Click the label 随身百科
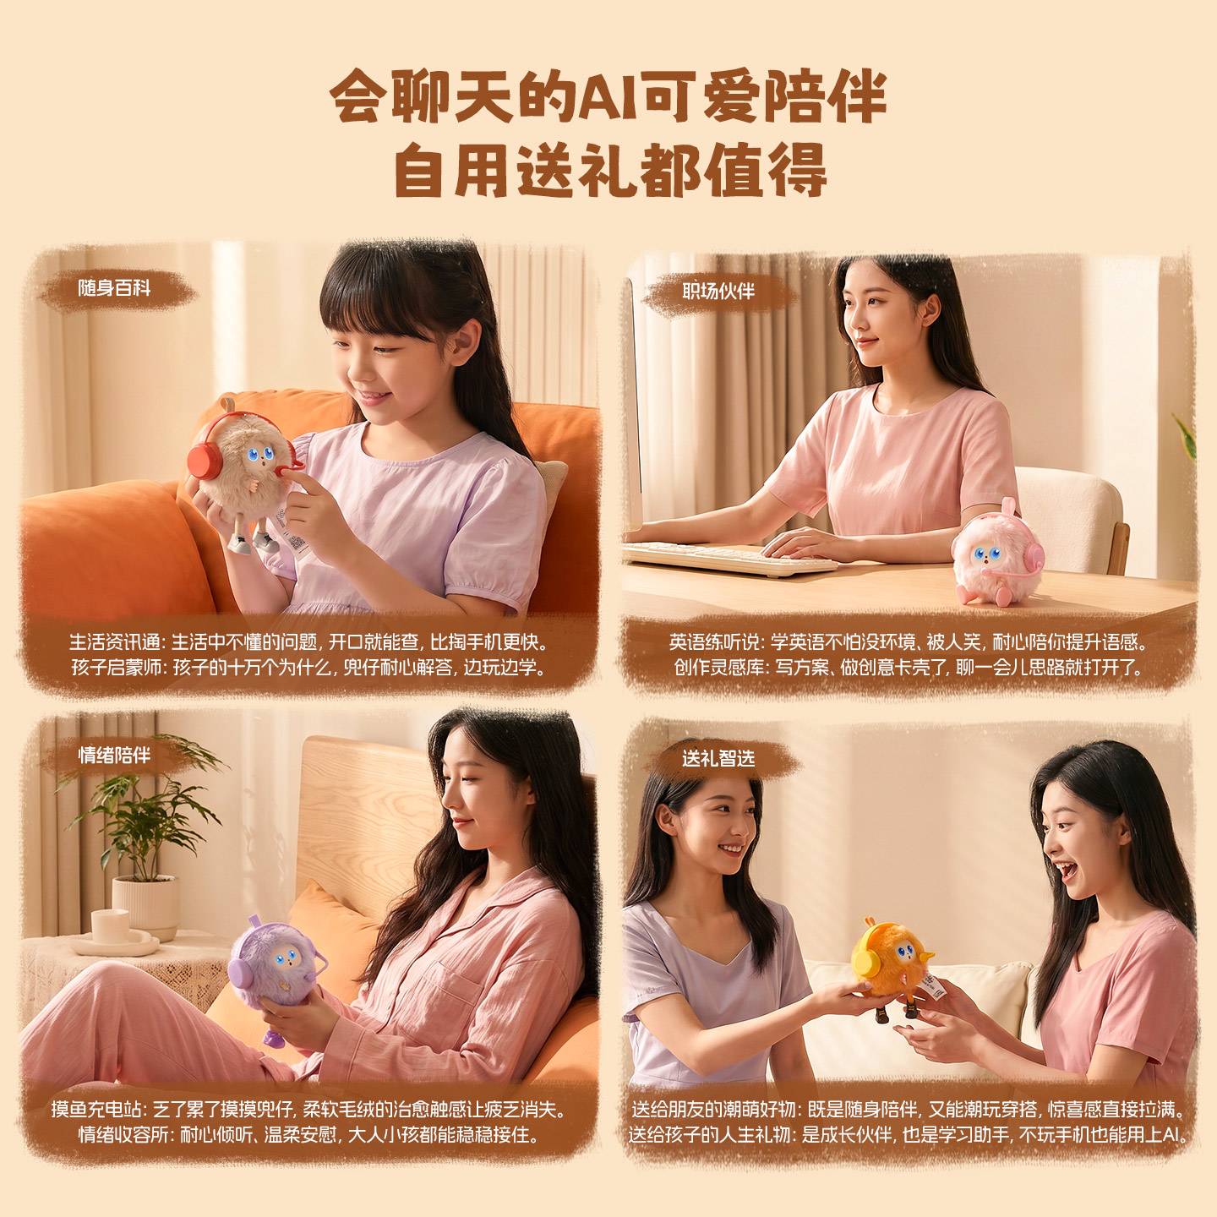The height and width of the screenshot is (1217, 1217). [114, 289]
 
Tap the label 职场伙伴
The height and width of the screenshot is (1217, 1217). [718, 291]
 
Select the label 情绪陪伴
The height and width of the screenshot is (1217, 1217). [114, 755]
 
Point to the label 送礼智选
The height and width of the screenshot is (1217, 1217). [718, 758]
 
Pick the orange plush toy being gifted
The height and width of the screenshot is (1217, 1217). [891, 960]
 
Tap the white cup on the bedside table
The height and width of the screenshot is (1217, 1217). [111, 926]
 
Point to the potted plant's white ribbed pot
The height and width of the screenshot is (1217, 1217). [145, 907]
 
